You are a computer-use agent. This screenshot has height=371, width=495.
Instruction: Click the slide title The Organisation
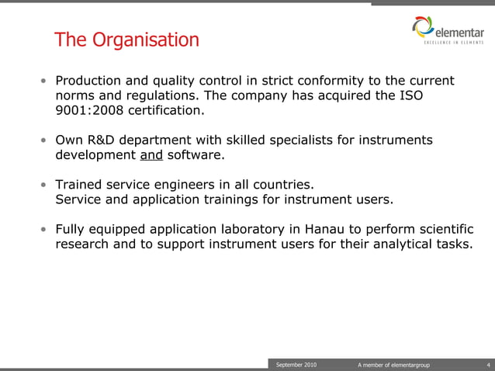(x=126, y=39)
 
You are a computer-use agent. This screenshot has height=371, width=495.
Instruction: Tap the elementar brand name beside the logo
(x=460, y=30)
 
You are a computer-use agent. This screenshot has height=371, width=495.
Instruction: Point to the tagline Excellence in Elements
(x=454, y=43)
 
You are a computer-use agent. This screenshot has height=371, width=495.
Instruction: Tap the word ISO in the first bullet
(x=410, y=95)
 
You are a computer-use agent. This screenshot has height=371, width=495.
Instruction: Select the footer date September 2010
(x=296, y=364)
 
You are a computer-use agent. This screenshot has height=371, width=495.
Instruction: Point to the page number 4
(x=486, y=364)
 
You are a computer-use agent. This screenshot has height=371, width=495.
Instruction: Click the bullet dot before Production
(x=44, y=81)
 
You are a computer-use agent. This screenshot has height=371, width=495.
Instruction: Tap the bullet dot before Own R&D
(x=44, y=140)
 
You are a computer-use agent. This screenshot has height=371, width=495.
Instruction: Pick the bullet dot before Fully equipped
(x=44, y=230)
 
